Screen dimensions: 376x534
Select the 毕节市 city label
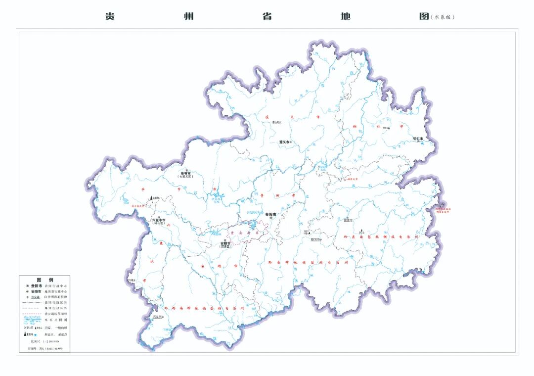point(185,173)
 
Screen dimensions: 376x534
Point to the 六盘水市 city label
point(159,220)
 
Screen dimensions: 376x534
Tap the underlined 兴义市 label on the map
point(158,317)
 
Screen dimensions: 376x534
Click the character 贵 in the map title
point(110,16)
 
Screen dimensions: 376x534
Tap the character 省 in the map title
point(267,16)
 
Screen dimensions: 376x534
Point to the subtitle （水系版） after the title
point(442,17)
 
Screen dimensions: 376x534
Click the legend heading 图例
point(44,280)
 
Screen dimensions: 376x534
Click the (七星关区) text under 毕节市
point(185,177)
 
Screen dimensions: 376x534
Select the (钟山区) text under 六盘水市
point(159,224)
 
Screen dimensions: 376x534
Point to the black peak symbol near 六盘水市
point(152,198)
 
